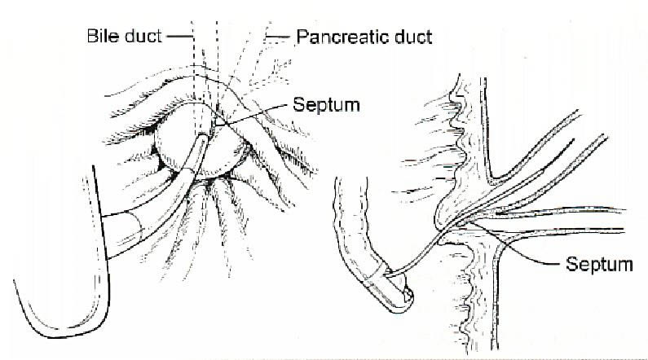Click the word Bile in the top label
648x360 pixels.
point(103,36)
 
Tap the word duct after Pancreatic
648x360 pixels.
point(413,37)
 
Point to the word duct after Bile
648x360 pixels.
point(143,36)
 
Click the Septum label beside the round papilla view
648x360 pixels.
point(326,105)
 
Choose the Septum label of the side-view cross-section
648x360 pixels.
point(599,264)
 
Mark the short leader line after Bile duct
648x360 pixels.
point(179,37)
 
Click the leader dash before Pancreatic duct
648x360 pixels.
point(278,37)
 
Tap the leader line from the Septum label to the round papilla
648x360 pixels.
point(251,114)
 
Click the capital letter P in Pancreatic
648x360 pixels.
point(302,37)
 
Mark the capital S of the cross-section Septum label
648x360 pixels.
point(571,264)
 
